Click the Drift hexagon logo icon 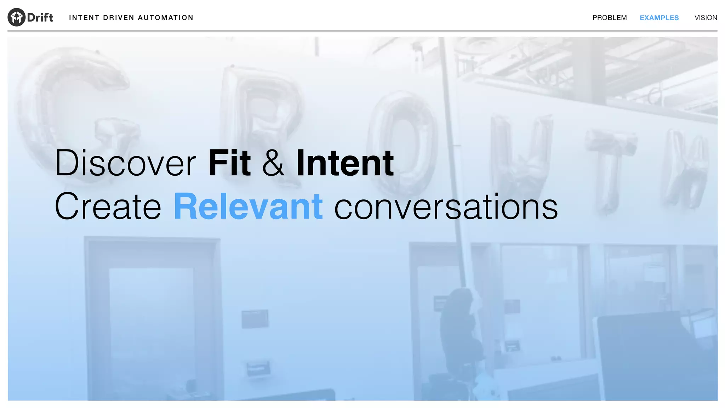16,17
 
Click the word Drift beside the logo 40,18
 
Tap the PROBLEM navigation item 609,18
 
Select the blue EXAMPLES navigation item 659,18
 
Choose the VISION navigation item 706,18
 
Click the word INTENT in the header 84,18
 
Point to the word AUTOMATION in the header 165,18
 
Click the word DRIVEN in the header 119,18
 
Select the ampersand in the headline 273,164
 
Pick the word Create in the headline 108,206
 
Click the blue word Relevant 248,206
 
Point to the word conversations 446,206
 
